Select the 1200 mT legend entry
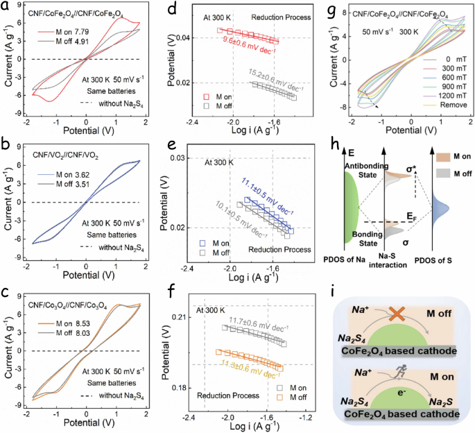click(x=440, y=97)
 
